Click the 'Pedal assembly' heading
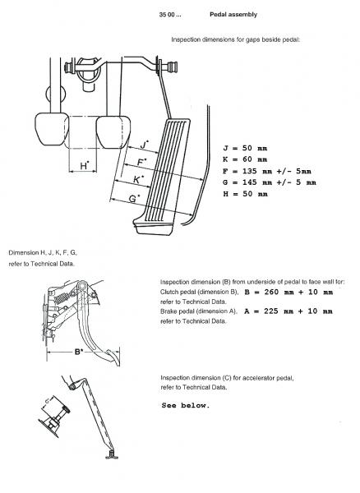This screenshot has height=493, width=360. [233, 15]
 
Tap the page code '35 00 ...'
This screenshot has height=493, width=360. [170, 15]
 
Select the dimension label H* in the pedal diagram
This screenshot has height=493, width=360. [85, 165]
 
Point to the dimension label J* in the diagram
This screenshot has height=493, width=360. [144, 145]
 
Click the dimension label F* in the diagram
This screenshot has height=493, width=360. [142, 162]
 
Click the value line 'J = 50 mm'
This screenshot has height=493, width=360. [245, 148]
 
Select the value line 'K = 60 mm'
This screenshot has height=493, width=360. [245, 159]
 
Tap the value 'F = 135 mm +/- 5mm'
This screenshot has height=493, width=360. [267, 171]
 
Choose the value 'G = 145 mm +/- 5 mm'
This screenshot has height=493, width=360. [270, 182]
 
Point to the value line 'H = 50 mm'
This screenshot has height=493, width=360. [245, 194]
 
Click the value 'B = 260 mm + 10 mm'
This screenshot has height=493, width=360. [288, 292]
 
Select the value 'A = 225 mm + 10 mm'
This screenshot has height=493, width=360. [288, 311]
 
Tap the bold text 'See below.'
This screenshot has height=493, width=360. [186, 405]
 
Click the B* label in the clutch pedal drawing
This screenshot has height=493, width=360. [79, 352]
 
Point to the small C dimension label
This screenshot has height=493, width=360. [47, 401]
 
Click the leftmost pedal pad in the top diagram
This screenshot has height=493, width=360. [52, 129]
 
